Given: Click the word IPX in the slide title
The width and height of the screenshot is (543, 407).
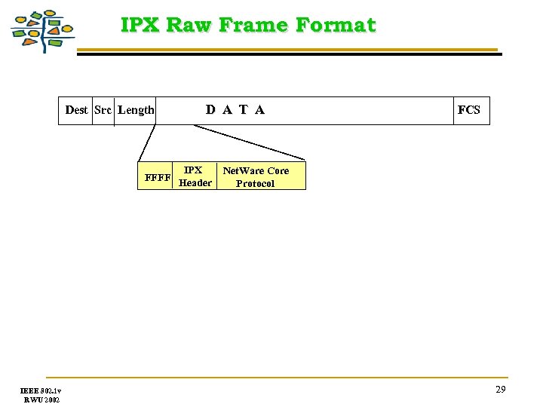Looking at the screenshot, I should [x=140, y=25].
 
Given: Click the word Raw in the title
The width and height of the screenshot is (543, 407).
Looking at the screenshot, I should [x=189, y=25].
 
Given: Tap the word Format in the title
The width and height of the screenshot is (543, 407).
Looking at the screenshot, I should [x=335, y=25].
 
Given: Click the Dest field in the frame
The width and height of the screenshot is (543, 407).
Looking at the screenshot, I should [x=76, y=110].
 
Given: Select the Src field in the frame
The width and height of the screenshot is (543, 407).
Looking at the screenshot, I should [x=103, y=110].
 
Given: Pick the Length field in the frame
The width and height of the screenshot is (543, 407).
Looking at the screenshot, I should [x=136, y=110].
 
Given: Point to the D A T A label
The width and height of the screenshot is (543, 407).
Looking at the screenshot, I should [x=235, y=110].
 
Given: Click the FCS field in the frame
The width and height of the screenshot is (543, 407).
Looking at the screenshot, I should [x=468, y=110].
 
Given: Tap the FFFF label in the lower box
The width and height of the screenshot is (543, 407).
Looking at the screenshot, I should [x=158, y=179].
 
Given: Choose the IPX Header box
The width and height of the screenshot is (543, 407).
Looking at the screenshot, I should [x=195, y=176].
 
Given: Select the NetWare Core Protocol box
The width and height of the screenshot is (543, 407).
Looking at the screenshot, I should [x=256, y=176].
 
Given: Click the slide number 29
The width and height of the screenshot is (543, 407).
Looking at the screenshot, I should [x=500, y=389].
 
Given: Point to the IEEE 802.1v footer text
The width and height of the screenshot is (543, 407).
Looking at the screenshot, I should [x=41, y=390].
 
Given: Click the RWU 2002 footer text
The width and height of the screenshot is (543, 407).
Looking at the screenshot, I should [x=41, y=399].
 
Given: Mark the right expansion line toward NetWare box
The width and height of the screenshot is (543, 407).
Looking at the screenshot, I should [x=249, y=142].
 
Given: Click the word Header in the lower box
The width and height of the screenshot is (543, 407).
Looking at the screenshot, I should [x=195, y=183].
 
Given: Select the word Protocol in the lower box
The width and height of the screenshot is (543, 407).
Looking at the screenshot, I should [x=255, y=183].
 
